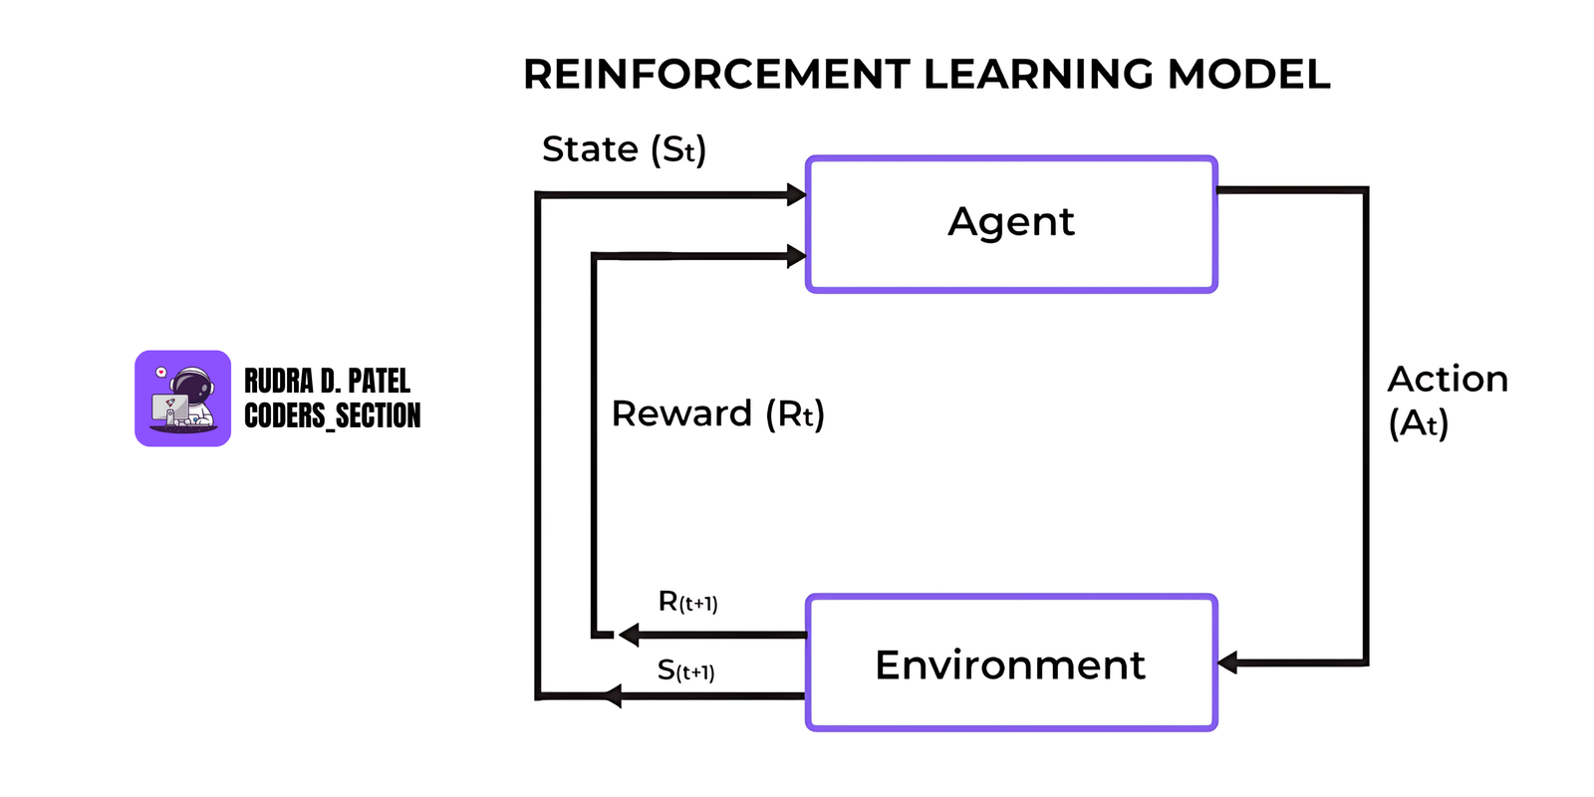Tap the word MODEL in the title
1248,75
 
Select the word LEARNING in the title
1038,75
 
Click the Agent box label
1011,221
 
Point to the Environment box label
1010,664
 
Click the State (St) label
624,149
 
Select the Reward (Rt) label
717,413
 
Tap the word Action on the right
1448,379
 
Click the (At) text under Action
1418,423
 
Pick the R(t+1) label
687,602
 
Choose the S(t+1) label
685,670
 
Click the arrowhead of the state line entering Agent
796,194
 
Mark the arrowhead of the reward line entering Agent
796,256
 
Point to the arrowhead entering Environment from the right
1228,663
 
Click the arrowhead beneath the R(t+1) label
629,635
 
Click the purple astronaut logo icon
183,398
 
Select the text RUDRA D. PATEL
327,381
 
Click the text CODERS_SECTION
332,415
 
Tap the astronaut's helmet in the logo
191,384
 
